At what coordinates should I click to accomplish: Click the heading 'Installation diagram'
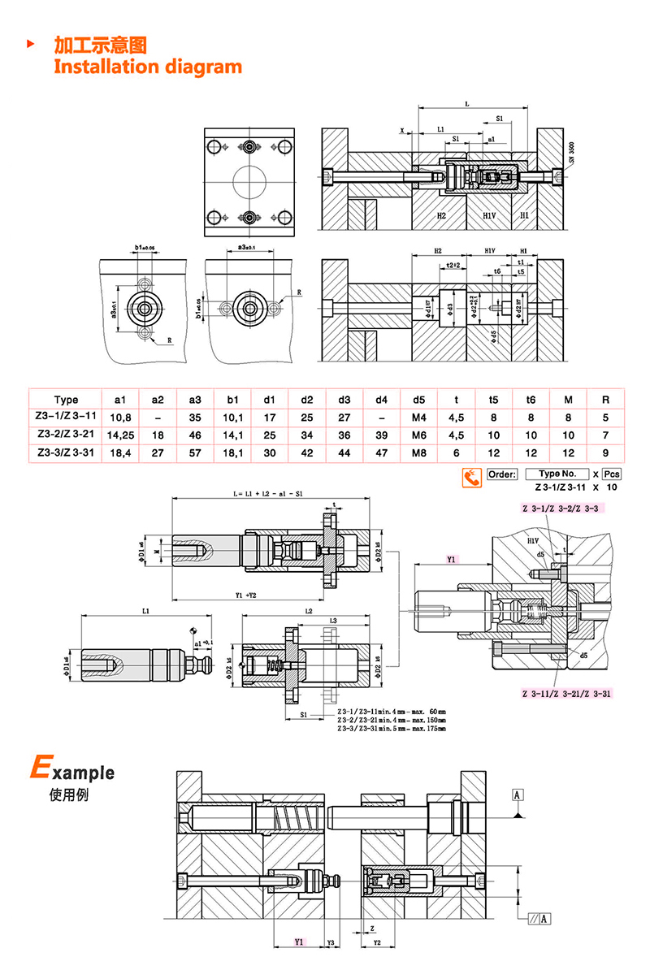coord(148,67)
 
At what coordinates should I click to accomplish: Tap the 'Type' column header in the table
coord(67,400)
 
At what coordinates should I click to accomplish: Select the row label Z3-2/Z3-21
coord(67,435)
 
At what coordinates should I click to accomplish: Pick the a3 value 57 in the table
coord(195,453)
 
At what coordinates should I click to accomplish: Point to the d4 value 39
coord(381,435)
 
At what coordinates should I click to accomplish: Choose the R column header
coord(604,400)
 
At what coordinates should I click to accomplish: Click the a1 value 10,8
coord(120,418)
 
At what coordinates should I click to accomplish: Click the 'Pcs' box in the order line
coord(611,474)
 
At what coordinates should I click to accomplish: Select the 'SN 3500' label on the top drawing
coord(571,154)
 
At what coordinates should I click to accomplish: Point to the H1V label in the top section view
coord(489,216)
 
